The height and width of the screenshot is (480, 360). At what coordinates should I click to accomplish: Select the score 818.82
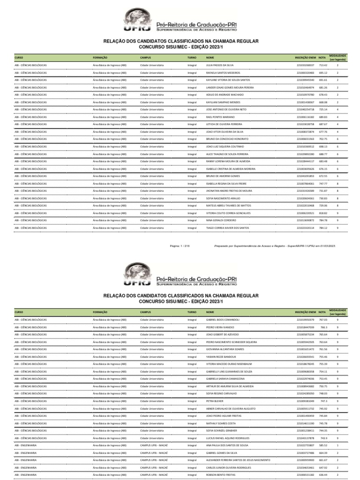323,213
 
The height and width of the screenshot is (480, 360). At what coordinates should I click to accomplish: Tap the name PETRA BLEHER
215,402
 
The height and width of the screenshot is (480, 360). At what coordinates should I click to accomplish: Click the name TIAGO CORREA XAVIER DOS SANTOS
227,228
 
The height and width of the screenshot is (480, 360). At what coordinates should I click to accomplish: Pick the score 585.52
323,446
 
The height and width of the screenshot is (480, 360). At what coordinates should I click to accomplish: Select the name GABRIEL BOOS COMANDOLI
223,320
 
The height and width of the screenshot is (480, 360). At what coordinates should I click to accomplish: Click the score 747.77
323,183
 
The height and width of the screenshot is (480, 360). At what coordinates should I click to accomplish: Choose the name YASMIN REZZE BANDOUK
222,357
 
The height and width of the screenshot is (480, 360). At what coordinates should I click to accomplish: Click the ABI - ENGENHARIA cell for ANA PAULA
26,446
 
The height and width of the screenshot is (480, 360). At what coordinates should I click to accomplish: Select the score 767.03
323,320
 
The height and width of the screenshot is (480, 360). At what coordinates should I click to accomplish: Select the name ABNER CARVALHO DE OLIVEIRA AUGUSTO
231,409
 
